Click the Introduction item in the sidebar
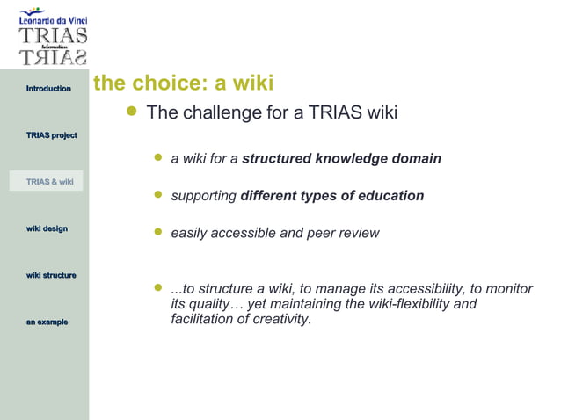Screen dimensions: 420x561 (48, 89)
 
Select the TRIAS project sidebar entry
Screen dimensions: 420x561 (51, 135)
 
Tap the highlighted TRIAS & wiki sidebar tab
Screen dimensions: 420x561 (49, 182)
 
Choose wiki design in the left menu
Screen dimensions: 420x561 (47, 228)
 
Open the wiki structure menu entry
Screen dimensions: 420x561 (51, 276)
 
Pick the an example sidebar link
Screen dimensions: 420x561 (47, 322)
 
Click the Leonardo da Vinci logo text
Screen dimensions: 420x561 (53, 19)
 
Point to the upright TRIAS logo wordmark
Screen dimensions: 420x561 (54, 36)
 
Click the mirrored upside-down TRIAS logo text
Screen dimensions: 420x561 (54, 58)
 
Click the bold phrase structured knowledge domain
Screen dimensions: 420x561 (341, 159)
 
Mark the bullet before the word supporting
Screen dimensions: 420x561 (158, 194)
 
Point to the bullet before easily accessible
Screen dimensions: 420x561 (158, 232)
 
